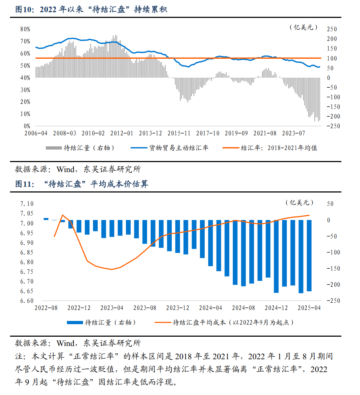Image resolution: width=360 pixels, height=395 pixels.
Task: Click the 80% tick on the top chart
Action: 25,29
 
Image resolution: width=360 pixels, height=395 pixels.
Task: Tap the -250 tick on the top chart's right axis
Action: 333,126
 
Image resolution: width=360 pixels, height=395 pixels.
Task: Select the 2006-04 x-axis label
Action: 36,133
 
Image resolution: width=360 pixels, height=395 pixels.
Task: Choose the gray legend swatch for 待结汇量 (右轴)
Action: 53,148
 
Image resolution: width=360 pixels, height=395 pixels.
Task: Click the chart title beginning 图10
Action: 91,10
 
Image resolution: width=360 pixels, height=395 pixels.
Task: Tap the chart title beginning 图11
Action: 82,185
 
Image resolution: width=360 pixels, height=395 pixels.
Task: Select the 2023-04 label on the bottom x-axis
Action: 112,308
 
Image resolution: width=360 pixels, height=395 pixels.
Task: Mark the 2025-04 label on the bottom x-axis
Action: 309,308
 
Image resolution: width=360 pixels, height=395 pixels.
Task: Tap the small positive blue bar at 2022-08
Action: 46,219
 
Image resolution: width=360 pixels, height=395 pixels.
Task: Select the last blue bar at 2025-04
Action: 309,255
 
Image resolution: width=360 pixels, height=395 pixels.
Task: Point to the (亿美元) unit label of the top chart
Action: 303,27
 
